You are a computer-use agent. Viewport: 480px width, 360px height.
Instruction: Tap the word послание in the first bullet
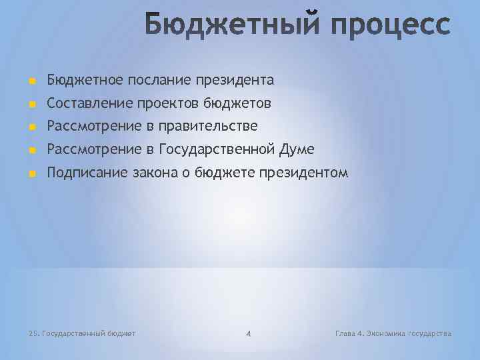(159, 80)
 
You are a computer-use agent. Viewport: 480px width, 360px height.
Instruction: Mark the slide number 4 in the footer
(247, 333)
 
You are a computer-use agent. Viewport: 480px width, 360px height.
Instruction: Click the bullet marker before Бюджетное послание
(31, 81)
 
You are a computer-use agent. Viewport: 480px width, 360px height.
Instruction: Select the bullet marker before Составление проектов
(31, 105)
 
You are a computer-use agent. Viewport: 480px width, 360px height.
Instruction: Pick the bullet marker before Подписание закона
(31, 174)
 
